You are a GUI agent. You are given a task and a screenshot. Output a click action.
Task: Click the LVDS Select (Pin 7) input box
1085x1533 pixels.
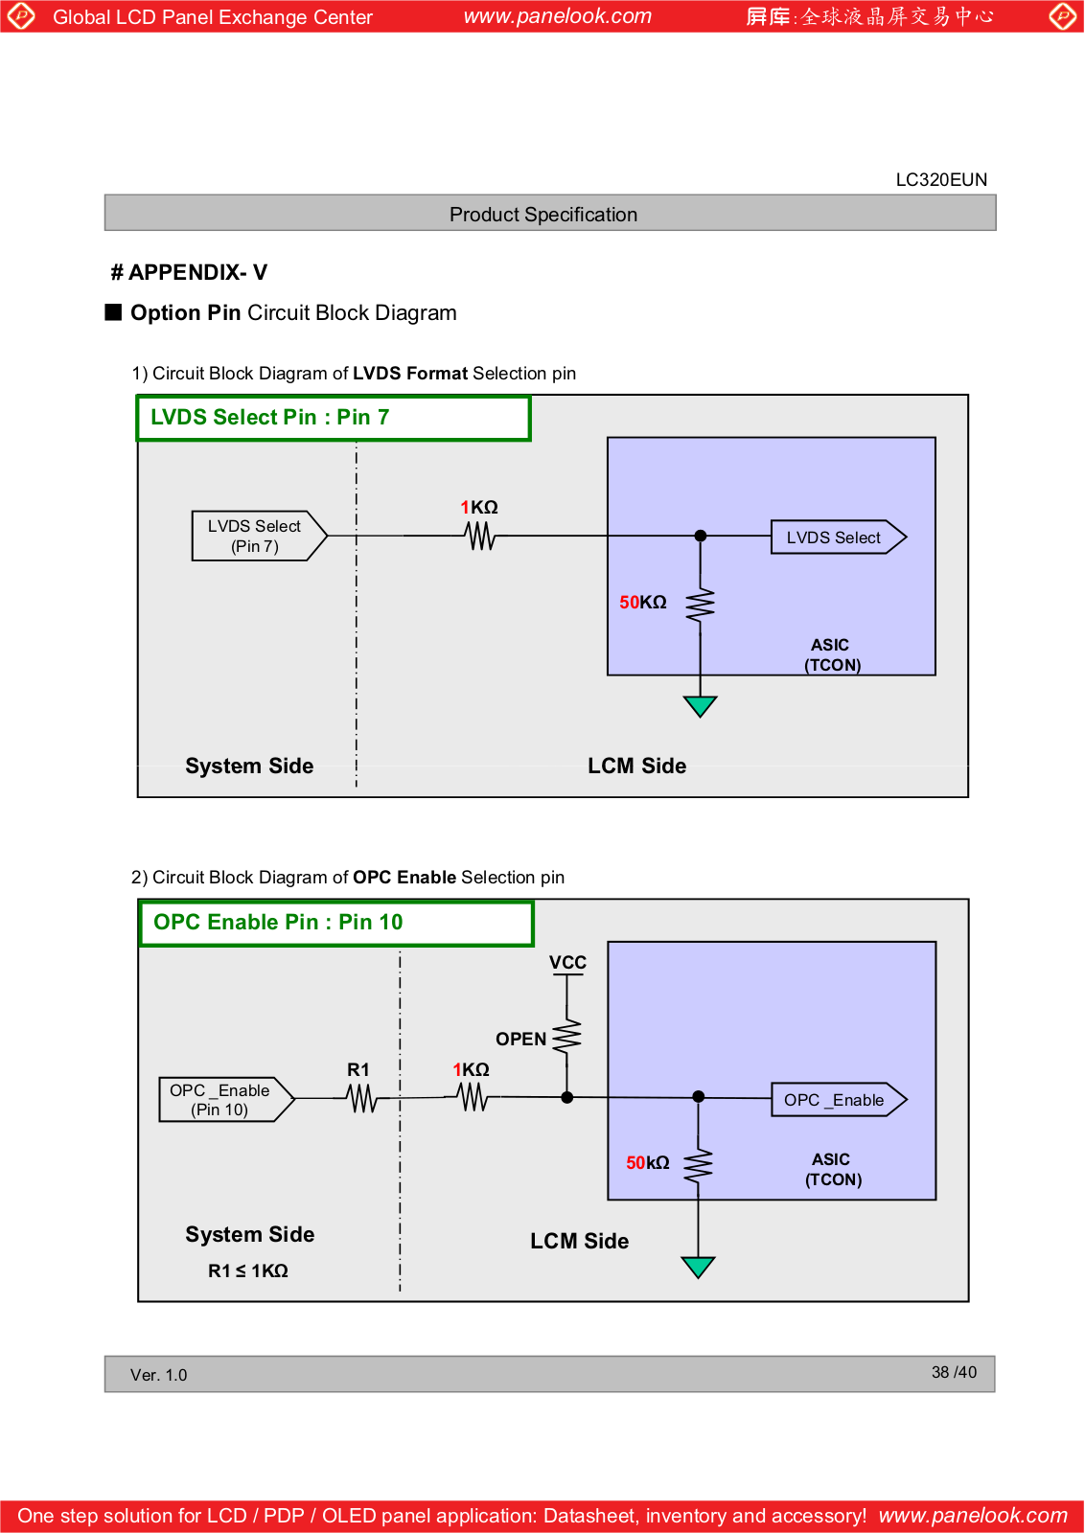click(x=259, y=536)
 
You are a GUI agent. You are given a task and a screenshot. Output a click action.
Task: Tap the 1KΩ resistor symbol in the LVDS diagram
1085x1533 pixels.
click(x=480, y=536)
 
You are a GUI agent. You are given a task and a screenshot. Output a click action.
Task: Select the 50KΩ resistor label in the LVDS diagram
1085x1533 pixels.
click(x=643, y=603)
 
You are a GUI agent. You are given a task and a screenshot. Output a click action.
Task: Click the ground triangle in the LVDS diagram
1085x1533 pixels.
click(x=700, y=706)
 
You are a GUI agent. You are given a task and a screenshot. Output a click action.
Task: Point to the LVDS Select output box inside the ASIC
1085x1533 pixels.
click(x=839, y=538)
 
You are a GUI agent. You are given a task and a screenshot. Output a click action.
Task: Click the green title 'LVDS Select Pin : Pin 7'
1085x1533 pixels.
click(x=269, y=417)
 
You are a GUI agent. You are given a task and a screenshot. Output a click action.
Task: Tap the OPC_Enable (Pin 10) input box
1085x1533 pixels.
click(x=226, y=1099)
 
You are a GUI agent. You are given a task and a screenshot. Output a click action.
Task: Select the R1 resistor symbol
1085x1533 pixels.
click(x=361, y=1098)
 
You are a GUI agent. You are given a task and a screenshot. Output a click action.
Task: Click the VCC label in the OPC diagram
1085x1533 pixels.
click(x=567, y=962)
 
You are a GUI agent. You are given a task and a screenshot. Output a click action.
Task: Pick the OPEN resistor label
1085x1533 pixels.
click(x=521, y=1039)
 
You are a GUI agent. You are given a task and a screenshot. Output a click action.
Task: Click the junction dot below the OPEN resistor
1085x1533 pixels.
click(x=566, y=1098)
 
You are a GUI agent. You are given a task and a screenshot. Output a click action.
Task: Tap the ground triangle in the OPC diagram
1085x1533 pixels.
click(x=698, y=1267)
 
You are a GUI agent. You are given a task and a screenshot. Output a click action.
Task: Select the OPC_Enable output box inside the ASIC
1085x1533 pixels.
click(x=840, y=1100)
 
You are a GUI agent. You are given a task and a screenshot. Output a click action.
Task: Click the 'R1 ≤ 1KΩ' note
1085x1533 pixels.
click(x=248, y=1270)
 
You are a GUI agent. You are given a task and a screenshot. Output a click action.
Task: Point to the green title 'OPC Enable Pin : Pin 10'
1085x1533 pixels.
click(x=278, y=922)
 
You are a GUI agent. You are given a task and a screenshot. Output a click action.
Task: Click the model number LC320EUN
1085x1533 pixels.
click(x=941, y=180)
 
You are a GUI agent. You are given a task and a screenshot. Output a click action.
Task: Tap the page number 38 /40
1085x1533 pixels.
click(x=954, y=1372)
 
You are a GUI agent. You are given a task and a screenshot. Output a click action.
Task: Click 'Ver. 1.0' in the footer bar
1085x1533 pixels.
click(x=159, y=1375)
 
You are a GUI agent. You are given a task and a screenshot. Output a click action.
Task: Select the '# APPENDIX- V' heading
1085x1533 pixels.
click(x=189, y=272)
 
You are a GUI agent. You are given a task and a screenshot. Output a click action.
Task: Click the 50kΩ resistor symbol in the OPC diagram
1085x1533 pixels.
click(x=698, y=1166)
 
